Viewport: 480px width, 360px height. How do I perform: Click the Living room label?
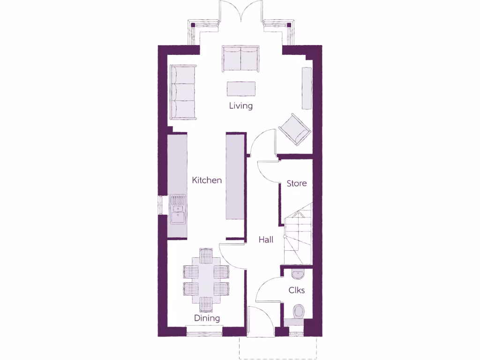(x=240, y=105)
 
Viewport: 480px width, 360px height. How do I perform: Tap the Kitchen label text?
(x=207, y=180)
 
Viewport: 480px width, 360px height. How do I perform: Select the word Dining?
(x=207, y=318)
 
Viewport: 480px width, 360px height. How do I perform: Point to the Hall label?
(x=266, y=240)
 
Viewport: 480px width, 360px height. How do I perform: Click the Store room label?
(x=297, y=183)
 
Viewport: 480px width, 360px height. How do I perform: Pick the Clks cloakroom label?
(x=297, y=290)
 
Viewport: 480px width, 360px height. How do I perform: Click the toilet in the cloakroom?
(x=298, y=312)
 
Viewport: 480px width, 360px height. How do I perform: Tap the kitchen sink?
(x=178, y=210)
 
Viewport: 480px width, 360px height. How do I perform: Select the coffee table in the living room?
(x=241, y=88)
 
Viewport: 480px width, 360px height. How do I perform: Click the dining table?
(x=206, y=280)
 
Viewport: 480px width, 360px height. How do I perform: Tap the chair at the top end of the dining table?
(x=206, y=255)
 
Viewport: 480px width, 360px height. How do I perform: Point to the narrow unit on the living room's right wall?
(x=307, y=88)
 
